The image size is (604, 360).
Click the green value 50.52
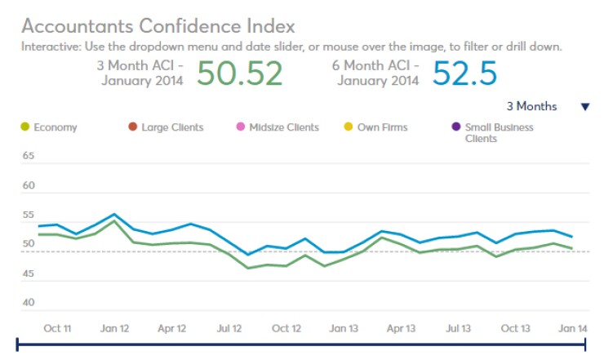(x=239, y=73)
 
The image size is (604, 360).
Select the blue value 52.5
(x=464, y=73)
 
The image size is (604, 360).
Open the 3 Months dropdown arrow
(x=584, y=107)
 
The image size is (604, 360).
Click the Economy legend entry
(x=51, y=127)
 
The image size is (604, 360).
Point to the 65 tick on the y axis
(x=29, y=156)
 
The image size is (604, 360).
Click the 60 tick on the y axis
(x=29, y=185)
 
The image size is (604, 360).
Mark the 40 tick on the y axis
(x=29, y=303)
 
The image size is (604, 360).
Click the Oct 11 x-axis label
(x=56, y=328)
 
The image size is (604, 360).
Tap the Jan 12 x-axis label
(x=113, y=328)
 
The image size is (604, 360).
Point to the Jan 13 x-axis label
(x=343, y=328)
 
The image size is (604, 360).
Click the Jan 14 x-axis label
(x=571, y=328)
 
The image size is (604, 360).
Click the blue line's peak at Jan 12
(x=114, y=215)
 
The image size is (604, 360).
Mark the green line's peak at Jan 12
(x=114, y=221)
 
